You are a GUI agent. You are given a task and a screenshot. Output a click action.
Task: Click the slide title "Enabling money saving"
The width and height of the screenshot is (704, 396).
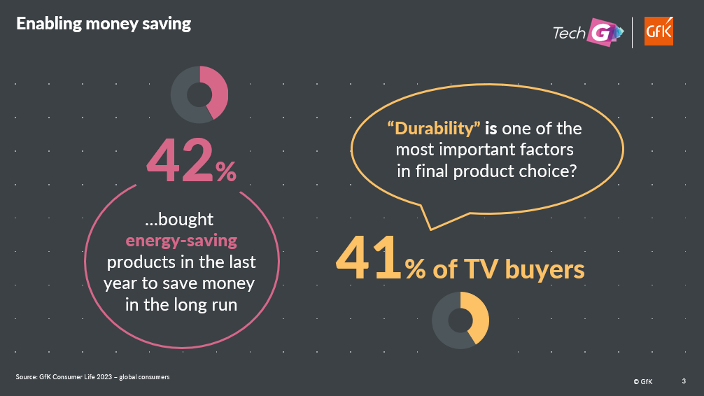tap(104, 24)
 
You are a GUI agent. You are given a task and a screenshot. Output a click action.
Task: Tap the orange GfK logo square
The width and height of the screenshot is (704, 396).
tap(659, 31)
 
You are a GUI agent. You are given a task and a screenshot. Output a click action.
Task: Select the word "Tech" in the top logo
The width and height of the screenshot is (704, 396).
tap(570, 33)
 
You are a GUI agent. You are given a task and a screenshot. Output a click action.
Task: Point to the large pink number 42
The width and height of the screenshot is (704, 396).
tap(180, 160)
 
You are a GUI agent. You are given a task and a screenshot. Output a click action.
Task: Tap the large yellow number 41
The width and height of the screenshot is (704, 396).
tap(368, 259)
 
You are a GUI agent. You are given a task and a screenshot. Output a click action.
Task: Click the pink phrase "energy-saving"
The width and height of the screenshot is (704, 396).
tap(181, 241)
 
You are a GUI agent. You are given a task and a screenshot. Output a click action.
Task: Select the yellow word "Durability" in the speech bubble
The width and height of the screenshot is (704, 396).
tap(434, 129)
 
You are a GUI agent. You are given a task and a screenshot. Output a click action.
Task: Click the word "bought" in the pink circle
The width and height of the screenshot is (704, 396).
tap(186, 219)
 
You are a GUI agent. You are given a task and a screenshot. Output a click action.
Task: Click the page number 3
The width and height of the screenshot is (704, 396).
tap(684, 381)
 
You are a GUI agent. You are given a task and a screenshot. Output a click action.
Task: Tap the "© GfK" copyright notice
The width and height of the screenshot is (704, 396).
tap(643, 381)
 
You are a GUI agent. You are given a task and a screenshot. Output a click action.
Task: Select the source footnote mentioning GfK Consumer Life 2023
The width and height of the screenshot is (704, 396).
tap(92, 376)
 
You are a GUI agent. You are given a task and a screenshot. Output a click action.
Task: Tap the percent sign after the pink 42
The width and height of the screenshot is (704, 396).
tap(226, 171)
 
